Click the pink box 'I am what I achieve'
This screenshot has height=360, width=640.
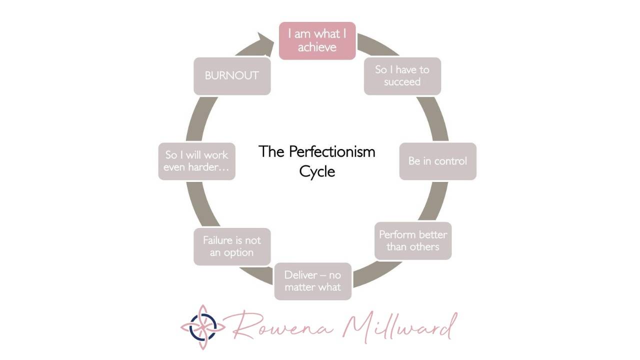(317, 40)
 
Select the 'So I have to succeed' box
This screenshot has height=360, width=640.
(402, 76)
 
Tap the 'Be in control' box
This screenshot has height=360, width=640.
(437, 161)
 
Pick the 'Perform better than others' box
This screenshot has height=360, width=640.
(413, 240)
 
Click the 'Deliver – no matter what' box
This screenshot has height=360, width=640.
(312, 281)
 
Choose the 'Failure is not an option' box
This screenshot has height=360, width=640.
(232, 246)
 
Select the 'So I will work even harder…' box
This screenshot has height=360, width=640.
(196, 161)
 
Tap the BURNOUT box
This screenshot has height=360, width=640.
(232, 75)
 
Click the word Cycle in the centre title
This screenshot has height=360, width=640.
(317, 171)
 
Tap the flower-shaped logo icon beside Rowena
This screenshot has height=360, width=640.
(202, 327)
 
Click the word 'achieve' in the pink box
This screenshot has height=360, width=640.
(317, 47)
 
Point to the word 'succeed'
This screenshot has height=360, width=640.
(402, 82)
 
